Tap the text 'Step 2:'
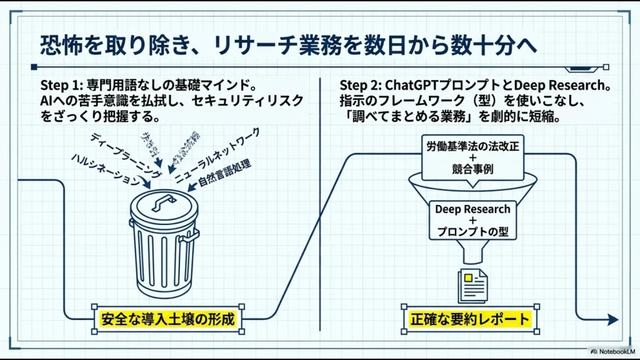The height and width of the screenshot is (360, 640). pos(361,85)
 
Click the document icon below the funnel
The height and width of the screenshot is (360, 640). pos(472,285)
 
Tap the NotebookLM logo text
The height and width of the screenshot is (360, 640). pos(613,351)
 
